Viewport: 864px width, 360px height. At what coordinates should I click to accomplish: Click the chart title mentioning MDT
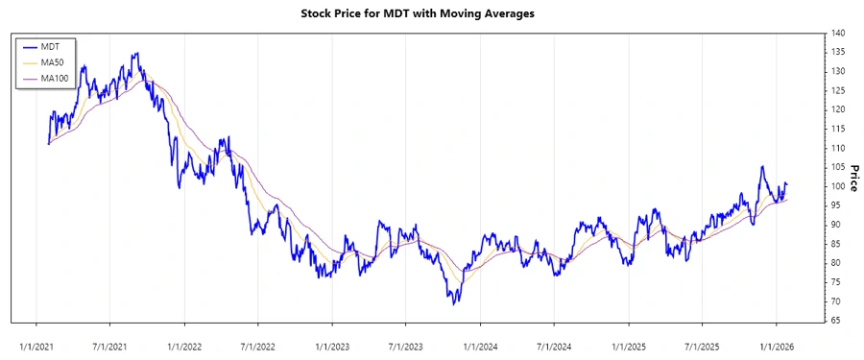pos(432,13)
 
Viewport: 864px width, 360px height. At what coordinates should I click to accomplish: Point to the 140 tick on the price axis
pos(839,33)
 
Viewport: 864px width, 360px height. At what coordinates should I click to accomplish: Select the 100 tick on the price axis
pos(839,186)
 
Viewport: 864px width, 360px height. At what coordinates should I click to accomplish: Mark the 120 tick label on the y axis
pos(839,109)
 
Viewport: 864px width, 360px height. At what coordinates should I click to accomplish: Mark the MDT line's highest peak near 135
pos(136,54)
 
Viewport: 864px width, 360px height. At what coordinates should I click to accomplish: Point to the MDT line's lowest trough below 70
pos(453,303)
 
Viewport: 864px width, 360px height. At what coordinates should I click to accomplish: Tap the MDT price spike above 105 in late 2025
pos(762,166)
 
